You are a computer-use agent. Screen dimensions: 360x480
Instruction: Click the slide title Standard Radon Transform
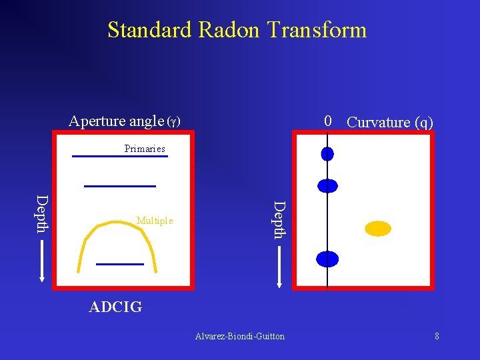(237, 30)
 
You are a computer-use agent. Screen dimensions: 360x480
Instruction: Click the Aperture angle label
(116, 121)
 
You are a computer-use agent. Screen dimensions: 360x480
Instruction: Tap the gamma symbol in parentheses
(173, 122)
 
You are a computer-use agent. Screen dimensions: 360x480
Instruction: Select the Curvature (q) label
(390, 122)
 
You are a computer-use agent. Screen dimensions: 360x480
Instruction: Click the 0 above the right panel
(327, 121)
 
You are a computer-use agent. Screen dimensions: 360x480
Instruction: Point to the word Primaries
(145, 149)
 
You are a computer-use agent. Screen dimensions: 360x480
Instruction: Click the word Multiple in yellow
(155, 221)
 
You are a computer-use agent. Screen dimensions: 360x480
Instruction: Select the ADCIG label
(115, 307)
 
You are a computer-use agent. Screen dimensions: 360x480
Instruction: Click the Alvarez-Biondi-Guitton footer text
(240, 337)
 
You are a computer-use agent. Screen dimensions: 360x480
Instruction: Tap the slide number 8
(437, 337)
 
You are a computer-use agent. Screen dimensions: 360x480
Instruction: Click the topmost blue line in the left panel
(120, 157)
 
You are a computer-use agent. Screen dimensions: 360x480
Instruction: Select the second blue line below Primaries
(120, 185)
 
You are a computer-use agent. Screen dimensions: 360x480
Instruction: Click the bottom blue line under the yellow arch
(120, 264)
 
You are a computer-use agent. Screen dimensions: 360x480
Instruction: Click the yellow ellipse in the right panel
(377, 229)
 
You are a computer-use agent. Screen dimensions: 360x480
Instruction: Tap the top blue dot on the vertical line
(327, 154)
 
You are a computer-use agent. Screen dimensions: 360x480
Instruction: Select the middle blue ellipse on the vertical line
(327, 186)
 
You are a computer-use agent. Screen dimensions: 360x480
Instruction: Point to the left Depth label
(42, 213)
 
